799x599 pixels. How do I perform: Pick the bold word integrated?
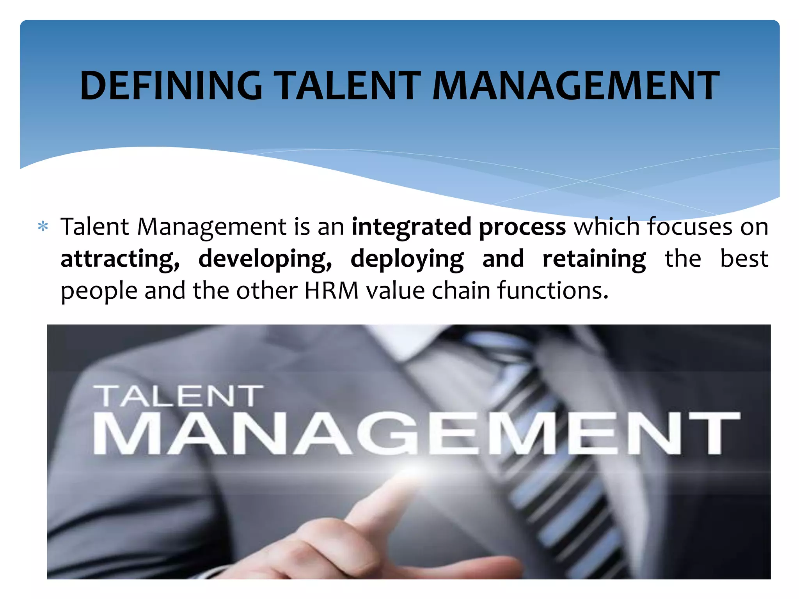[x=411, y=227]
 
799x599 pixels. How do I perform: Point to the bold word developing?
[x=265, y=259]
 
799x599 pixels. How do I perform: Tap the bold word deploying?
[x=407, y=259]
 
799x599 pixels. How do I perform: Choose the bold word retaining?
[x=594, y=259]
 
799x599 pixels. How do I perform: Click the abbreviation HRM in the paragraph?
[x=331, y=291]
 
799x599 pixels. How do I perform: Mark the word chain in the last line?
[x=460, y=291]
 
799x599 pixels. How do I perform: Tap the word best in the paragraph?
[x=744, y=259]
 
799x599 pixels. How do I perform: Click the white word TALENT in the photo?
[x=178, y=396]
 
